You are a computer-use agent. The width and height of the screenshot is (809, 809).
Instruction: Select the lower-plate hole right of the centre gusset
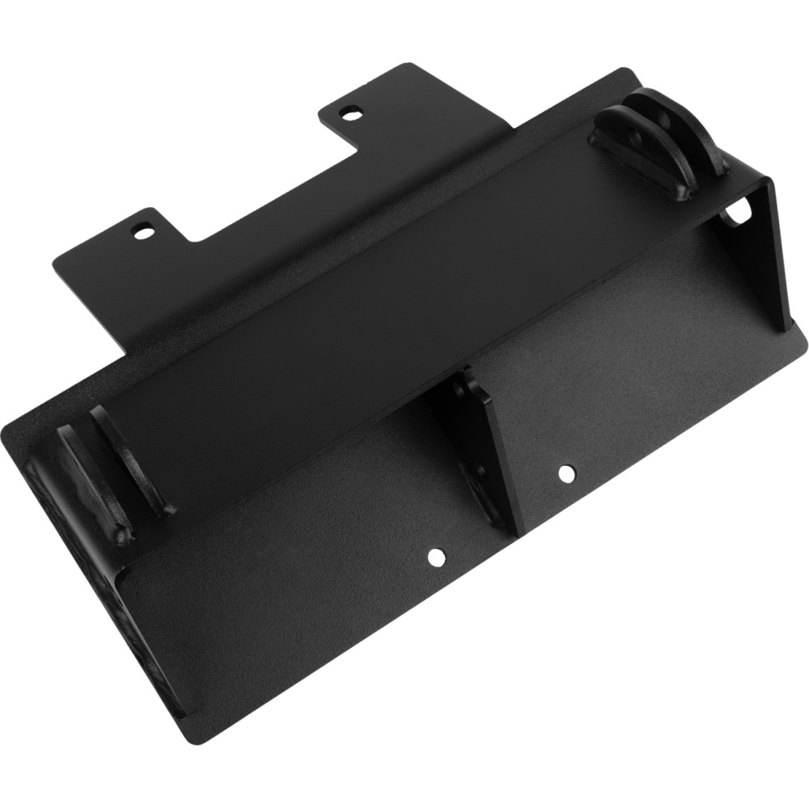[x=565, y=470]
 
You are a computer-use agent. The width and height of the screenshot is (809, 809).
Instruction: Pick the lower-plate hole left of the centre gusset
[x=437, y=557]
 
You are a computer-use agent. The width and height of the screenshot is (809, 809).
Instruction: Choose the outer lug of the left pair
[x=85, y=477]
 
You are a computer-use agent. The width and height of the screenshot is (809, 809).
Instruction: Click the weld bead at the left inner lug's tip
[x=166, y=510]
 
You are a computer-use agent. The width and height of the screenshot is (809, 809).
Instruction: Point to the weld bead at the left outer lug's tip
[x=121, y=534]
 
